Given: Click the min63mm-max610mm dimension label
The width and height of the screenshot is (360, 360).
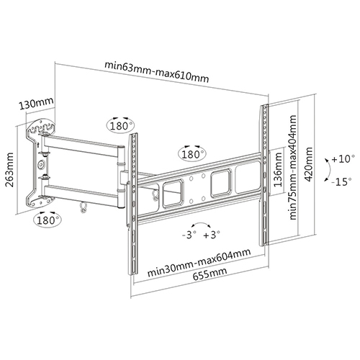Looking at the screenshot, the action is [x=157, y=72].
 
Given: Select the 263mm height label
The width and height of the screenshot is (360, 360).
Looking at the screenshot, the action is [x=10, y=169].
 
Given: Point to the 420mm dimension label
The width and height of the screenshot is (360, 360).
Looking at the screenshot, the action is [x=308, y=164].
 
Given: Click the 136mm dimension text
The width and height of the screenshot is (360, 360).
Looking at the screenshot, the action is [x=278, y=170].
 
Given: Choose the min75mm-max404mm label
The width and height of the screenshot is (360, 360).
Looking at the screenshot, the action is [x=293, y=167].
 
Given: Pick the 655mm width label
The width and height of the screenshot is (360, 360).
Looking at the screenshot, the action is [x=210, y=274].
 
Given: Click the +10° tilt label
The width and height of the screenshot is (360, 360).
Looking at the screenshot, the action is [x=343, y=159].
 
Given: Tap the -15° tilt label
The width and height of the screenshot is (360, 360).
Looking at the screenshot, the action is [x=342, y=181].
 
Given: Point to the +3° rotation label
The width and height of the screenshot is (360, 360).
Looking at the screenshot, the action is [x=212, y=235].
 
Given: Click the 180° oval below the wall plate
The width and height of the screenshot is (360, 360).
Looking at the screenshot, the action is [x=48, y=220].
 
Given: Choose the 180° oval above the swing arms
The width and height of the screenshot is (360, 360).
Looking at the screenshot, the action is [x=120, y=125].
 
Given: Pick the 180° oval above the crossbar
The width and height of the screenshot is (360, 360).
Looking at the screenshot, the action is [x=192, y=154].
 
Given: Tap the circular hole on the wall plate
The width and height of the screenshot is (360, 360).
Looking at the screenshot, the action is [x=41, y=165].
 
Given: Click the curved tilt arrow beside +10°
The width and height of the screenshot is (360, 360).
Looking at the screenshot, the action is [x=330, y=171].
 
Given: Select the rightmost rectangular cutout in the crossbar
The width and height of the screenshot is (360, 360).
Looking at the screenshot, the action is [x=247, y=178].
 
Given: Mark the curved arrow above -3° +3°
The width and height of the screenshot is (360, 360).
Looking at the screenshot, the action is [x=201, y=223].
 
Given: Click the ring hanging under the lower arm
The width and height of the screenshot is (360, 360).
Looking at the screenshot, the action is [x=84, y=207].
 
